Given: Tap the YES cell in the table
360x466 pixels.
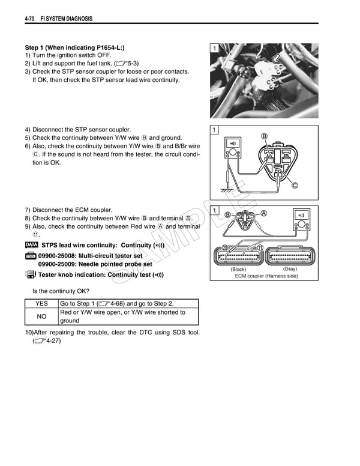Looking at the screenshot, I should click(42, 303).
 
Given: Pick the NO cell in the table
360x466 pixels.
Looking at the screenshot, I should click(42, 316).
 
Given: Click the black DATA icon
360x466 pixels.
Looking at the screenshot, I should click(32, 245).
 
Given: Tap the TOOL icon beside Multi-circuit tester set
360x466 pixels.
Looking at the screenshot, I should click(31, 256).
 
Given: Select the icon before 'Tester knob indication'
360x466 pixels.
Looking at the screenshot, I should click(31, 274).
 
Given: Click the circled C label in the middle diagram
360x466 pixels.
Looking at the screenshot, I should click(295, 185).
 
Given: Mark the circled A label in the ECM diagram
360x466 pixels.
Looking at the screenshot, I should click(263, 213).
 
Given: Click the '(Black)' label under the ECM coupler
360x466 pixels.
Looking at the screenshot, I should click(238, 270).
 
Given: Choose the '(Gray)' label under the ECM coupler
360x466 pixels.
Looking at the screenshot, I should click(290, 269).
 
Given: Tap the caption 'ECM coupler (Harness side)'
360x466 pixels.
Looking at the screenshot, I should click(266, 276).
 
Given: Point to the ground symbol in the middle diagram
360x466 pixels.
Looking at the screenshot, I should click(226, 191).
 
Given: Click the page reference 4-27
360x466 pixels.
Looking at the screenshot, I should click(46, 341).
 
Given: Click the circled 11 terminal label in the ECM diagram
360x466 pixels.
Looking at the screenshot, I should click(260, 248).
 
